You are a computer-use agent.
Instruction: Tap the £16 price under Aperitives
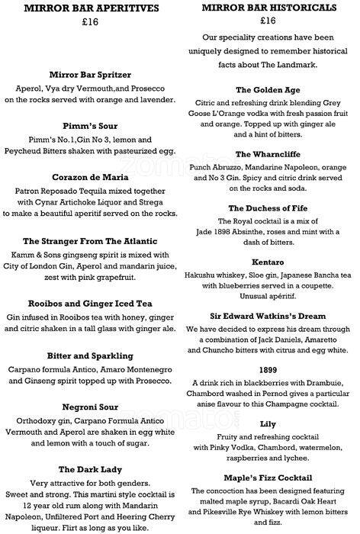point(90,24)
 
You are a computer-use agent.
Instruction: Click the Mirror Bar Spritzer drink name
point(90,75)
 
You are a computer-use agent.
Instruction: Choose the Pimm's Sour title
point(90,125)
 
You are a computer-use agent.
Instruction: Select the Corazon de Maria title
point(90,175)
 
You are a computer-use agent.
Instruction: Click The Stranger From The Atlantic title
point(90,240)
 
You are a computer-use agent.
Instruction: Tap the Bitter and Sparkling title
point(90,355)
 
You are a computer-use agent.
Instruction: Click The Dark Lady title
point(90,469)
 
